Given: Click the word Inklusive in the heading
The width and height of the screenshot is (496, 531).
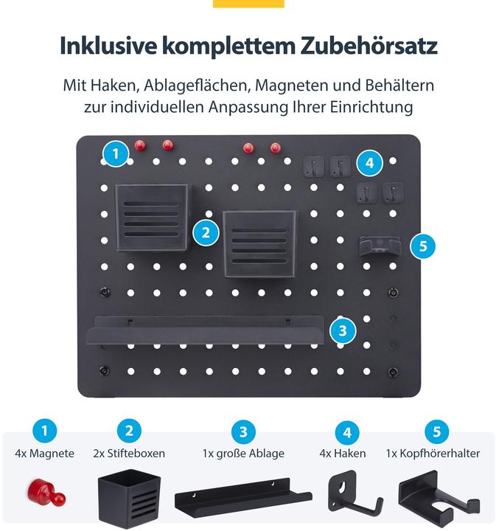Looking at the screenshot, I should [107, 46].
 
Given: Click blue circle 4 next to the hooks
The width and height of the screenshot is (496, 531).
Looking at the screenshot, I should [370, 162].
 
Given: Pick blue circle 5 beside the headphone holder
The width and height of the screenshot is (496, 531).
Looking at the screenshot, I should [422, 246].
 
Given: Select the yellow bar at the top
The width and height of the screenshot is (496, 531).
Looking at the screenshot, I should [248, 4].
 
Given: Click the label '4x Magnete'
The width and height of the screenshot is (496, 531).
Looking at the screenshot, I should [44, 454].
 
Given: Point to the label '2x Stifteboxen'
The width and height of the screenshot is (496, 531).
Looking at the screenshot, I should [129, 454].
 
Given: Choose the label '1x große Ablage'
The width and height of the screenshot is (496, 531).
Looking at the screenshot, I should [243, 454].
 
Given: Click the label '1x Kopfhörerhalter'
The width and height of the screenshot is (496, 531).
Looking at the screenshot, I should [433, 454].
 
